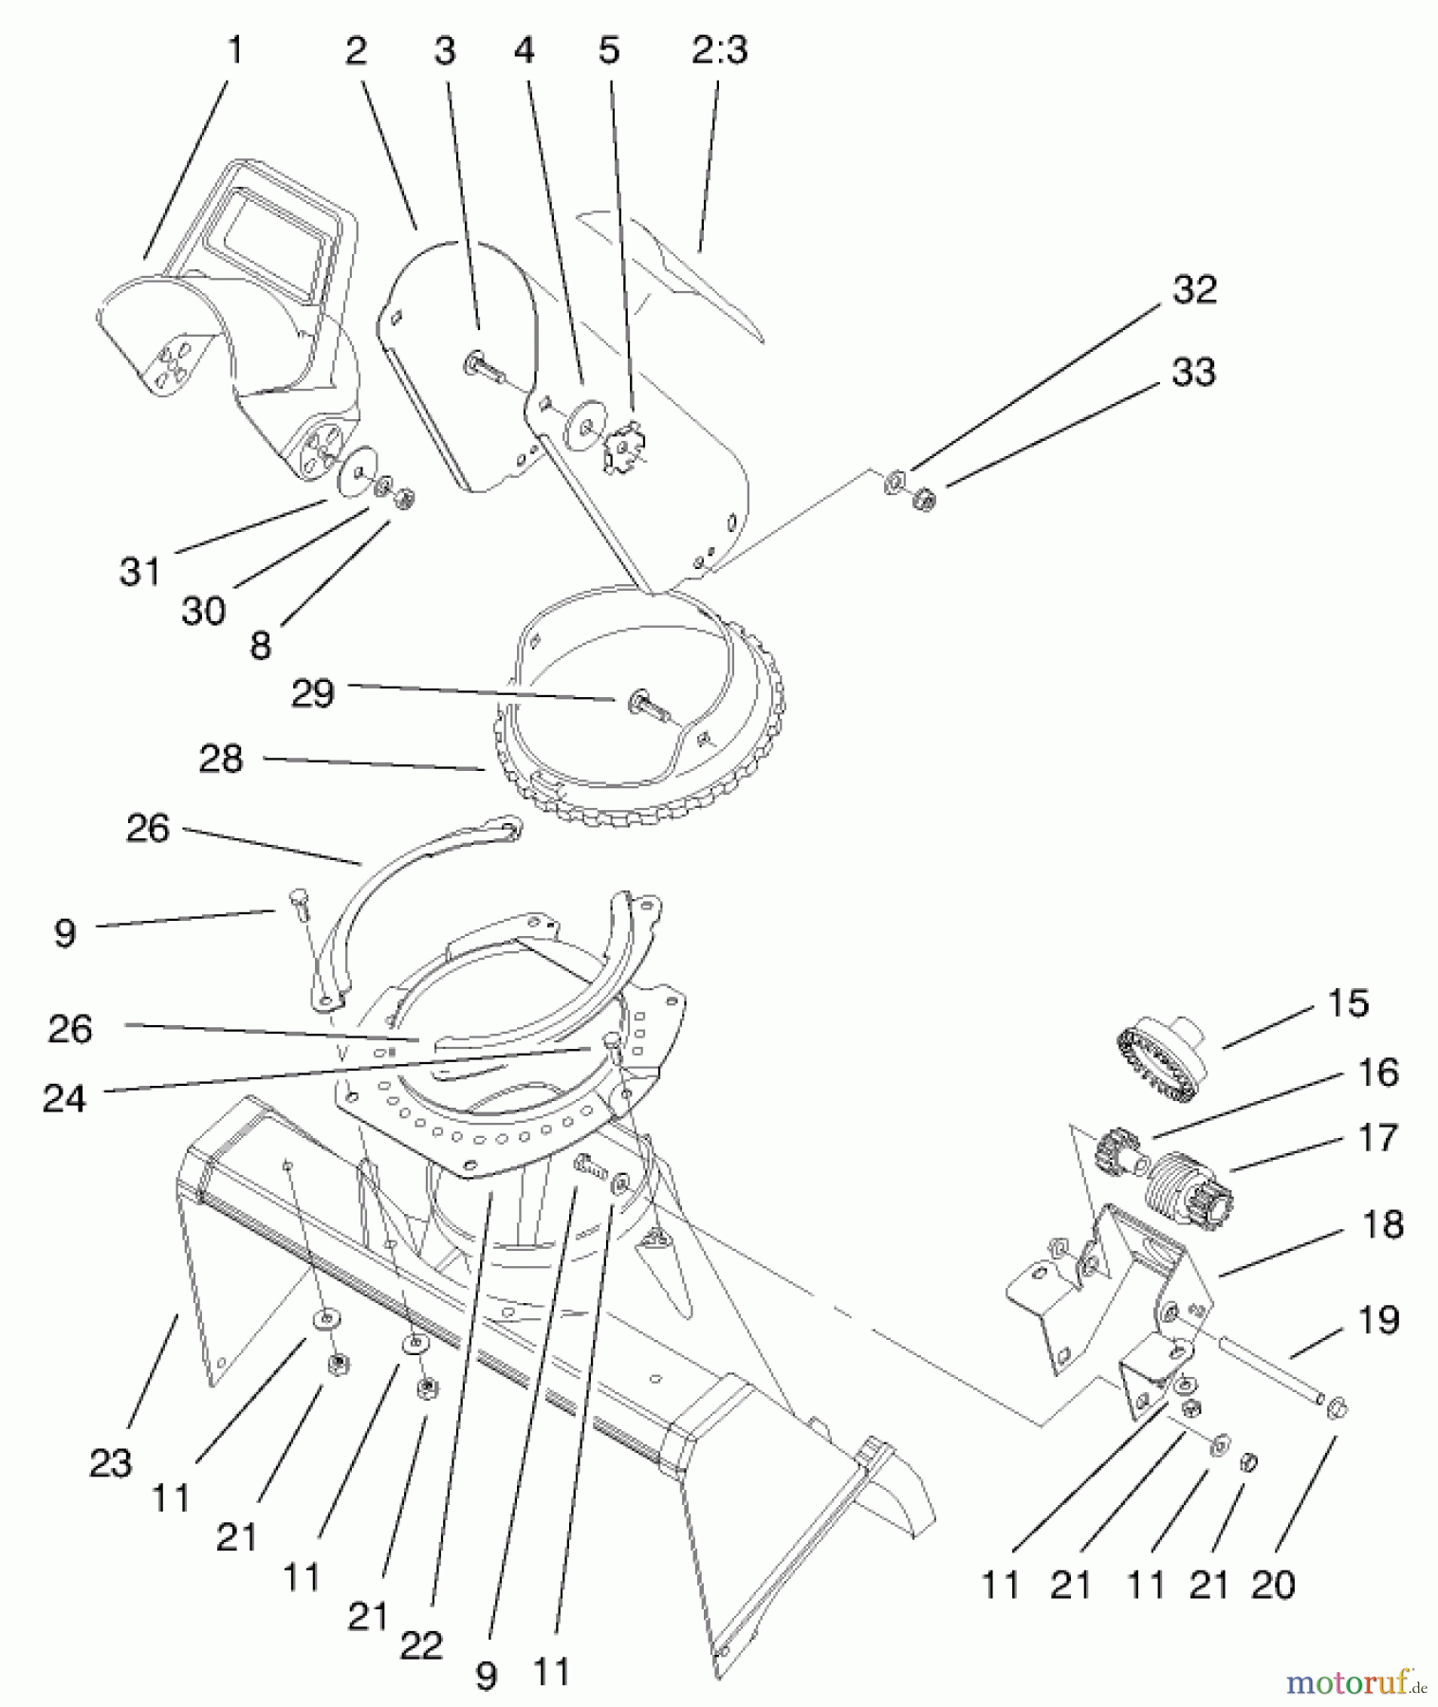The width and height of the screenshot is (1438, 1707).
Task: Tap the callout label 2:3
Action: coord(719,49)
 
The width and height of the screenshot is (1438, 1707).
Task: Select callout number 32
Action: coord(1193,290)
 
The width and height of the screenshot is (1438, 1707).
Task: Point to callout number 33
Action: coord(1193,372)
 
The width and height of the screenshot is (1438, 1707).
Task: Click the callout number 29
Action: coord(313,693)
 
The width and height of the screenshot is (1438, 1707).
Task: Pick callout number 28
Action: coord(221,759)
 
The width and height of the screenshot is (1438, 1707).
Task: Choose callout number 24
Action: coord(65,1098)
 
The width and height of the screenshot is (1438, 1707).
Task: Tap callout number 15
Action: coord(1348,1003)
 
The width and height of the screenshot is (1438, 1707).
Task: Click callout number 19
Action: coord(1378,1319)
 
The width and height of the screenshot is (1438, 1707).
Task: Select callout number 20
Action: coord(1273,1585)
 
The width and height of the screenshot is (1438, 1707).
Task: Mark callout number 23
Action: coord(110,1463)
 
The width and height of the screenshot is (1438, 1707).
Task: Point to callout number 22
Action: coord(421,1645)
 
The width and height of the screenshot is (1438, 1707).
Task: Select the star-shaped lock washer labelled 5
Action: coord(622,446)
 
